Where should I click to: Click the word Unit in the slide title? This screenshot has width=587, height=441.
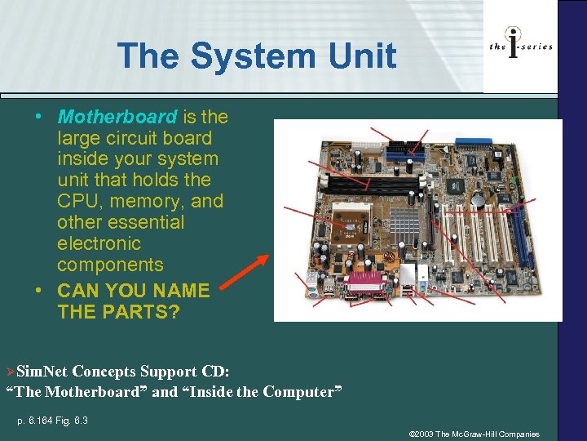click(357, 56)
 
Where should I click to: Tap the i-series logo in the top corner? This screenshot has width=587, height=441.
click(521, 47)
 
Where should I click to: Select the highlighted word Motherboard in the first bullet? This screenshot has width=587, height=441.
click(117, 117)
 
